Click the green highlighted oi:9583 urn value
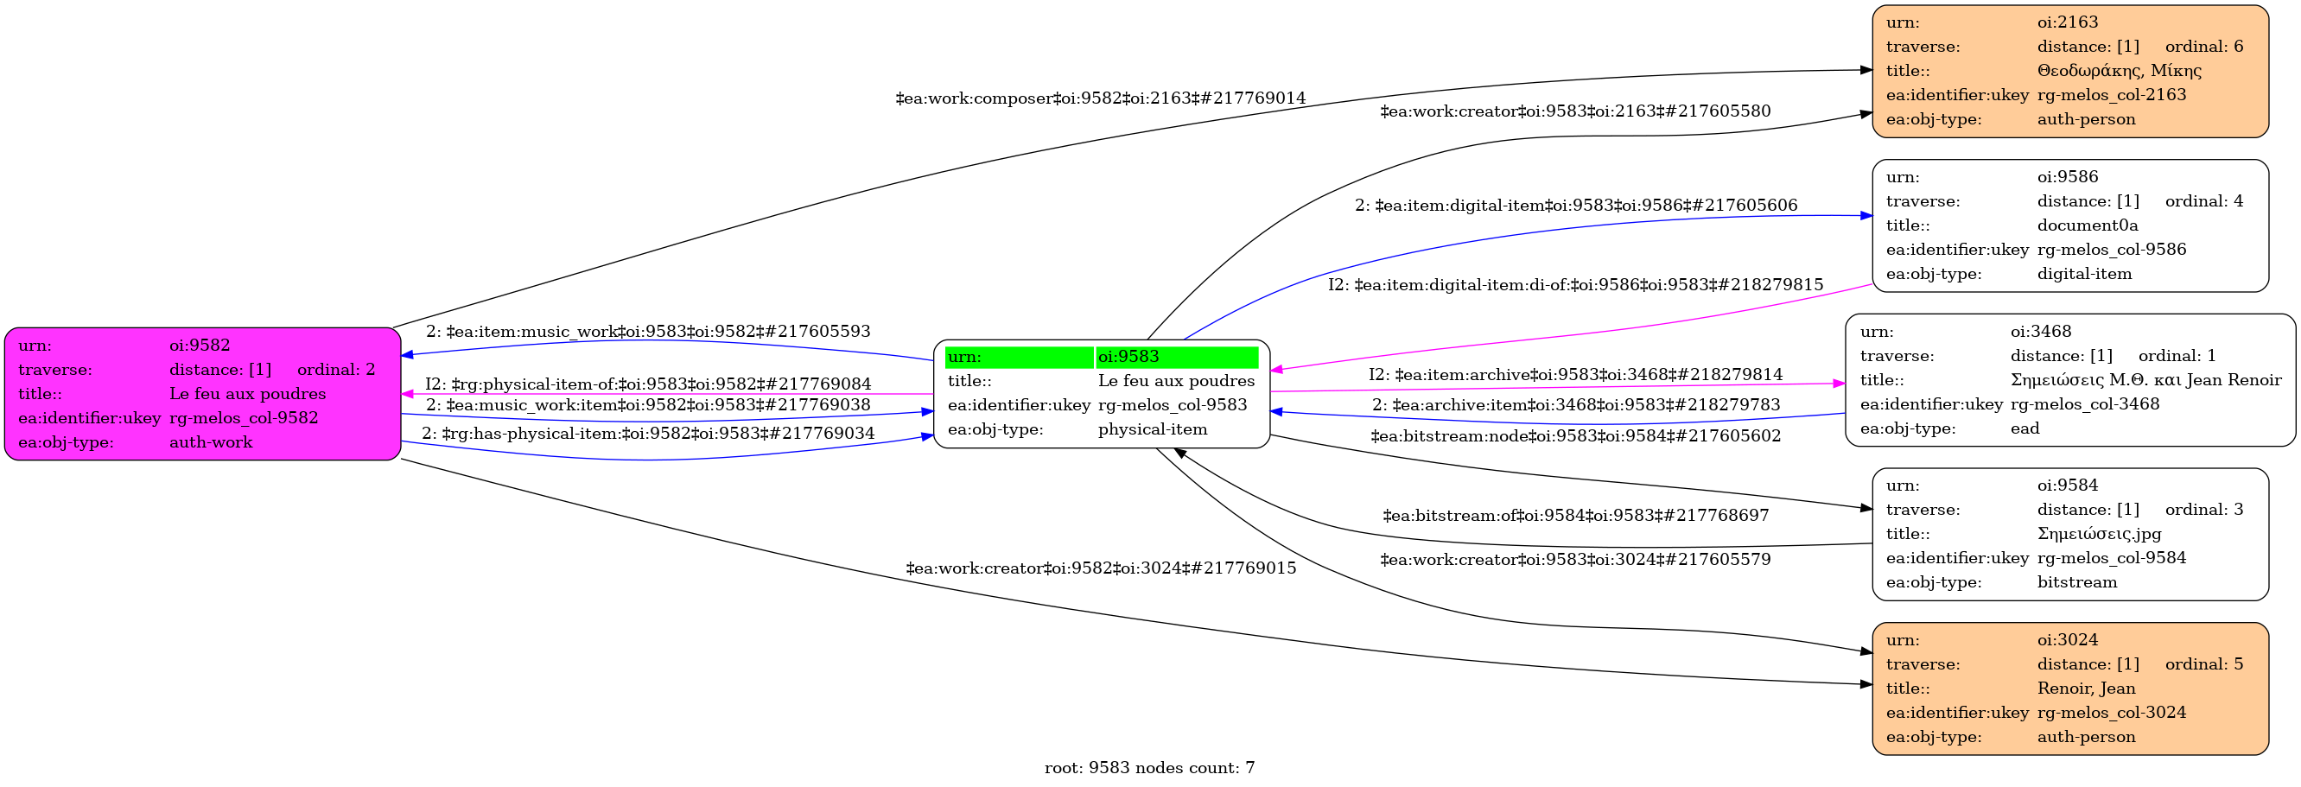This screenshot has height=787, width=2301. click(1128, 358)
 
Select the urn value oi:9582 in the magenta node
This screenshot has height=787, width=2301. click(200, 346)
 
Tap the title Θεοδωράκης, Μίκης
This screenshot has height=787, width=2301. click(2119, 71)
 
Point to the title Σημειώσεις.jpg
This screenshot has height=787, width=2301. click(2099, 534)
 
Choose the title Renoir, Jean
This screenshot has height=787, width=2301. click(2086, 689)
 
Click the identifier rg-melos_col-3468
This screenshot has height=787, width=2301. click(2085, 404)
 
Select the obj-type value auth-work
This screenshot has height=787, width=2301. click(211, 442)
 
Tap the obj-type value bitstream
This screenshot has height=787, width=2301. click(2077, 582)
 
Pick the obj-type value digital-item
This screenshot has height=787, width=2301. click(2084, 274)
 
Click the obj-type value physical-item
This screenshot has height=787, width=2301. click(1153, 429)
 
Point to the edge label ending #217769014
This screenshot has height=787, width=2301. click(1101, 98)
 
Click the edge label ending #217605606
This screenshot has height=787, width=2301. click(1576, 206)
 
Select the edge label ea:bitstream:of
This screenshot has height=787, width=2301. click(1576, 516)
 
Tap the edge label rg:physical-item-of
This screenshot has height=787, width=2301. click(647, 384)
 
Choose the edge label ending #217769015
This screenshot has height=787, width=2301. click(1101, 568)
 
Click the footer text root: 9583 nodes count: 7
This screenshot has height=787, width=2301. click(1149, 768)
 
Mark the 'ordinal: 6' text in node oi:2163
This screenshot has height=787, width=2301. click(2203, 47)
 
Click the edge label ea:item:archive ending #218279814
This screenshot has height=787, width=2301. click(1576, 374)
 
